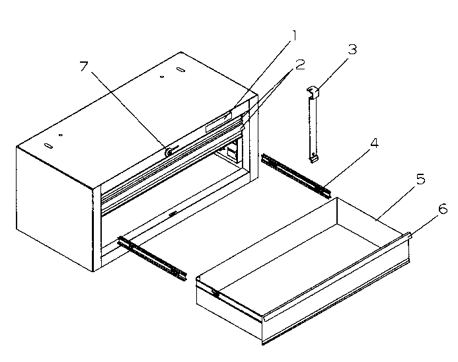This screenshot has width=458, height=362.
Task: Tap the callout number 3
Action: (353, 51)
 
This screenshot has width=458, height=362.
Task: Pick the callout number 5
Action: (420, 178)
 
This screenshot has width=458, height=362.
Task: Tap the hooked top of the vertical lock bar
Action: (313, 91)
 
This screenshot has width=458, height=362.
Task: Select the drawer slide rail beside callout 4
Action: (295, 174)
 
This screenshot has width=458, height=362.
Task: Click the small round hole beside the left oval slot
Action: (61, 135)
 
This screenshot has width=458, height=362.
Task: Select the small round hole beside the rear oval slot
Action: (163, 77)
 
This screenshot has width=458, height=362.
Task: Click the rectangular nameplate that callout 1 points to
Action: (218, 124)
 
